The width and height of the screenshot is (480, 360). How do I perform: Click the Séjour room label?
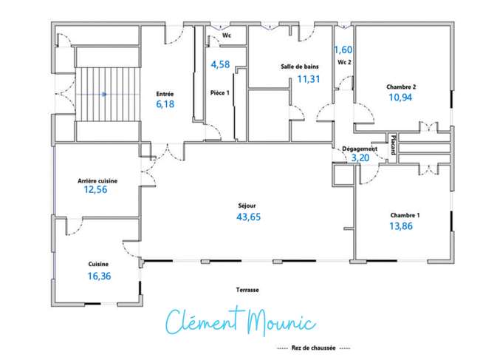tap(247, 206)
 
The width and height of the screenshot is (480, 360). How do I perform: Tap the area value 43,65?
tap(249, 217)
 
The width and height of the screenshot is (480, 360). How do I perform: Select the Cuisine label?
tap(98, 264)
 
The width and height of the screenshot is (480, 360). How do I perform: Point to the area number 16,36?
tap(100, 276)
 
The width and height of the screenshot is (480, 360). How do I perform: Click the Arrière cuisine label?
tap(97, 181)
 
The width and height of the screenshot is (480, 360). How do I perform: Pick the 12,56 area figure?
tap(96, 189)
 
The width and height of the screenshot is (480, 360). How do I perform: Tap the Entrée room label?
tap(165, 94)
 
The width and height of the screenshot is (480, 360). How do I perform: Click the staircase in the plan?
tap(108, 95)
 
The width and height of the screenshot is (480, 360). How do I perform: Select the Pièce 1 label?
tap(220, 92)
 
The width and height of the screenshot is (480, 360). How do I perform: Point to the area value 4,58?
tap(220, 64)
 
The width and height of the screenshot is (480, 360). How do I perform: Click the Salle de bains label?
tap(300, 67)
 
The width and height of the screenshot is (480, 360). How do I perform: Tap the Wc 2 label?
tap(344, 62)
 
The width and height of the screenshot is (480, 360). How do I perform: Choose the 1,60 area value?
tap(343, 50)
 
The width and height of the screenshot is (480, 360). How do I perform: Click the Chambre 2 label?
tap(401, 87)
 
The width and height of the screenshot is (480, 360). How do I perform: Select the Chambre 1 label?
tap(405, 215)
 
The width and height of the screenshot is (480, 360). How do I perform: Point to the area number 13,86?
tap(401, 226)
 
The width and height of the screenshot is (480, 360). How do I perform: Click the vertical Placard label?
tap(394, 145)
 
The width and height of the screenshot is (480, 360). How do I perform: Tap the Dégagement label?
tap(360, 149)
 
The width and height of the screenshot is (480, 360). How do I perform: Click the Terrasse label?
tap(247, 290)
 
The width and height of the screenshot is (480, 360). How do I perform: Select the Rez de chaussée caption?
tap(313, 347)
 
